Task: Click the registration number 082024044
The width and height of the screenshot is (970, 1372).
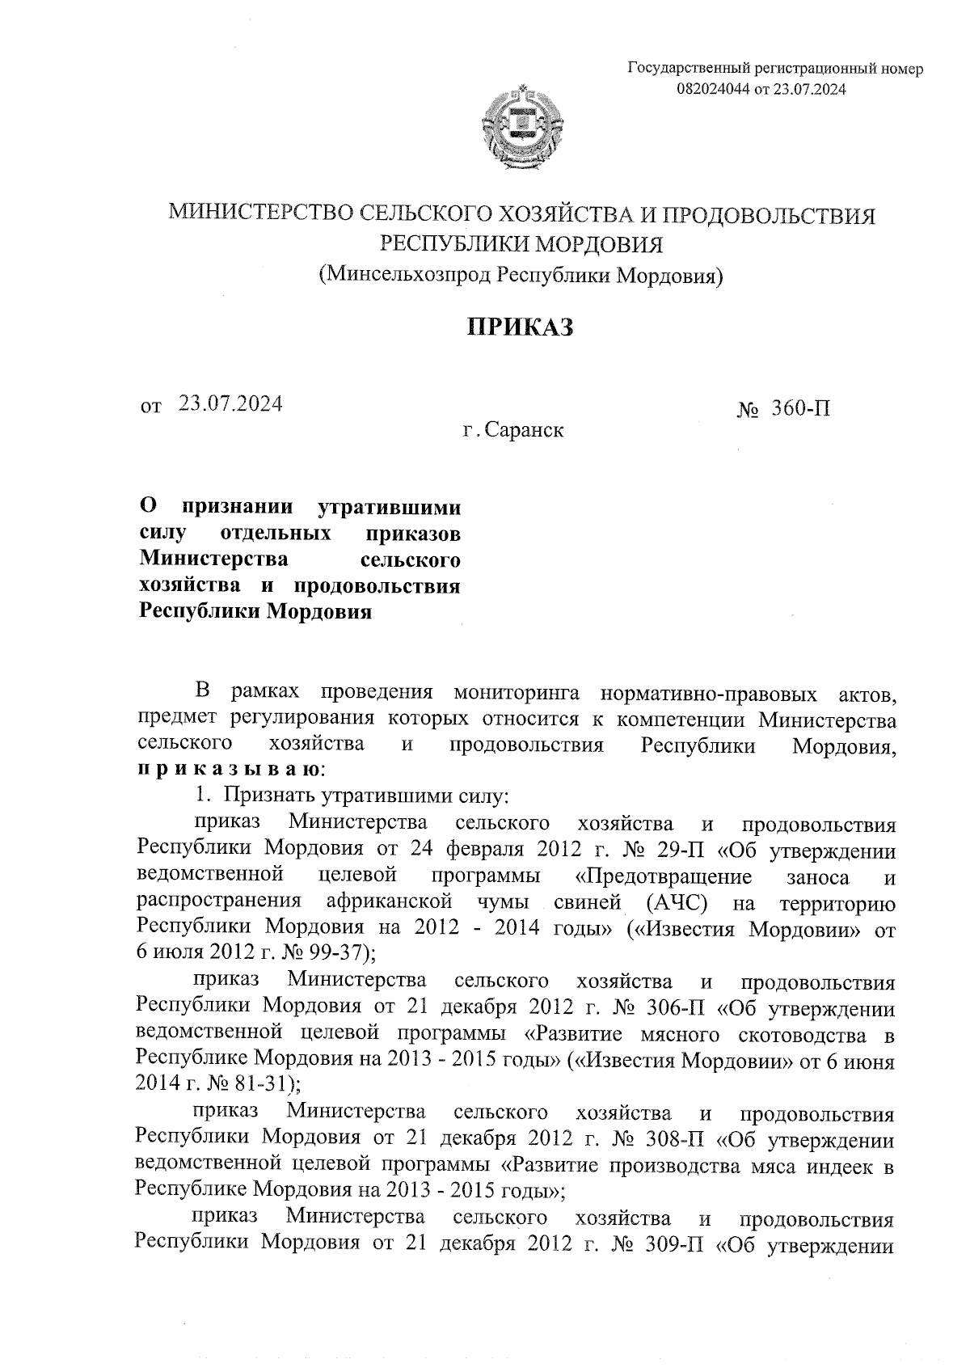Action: pos(714,90)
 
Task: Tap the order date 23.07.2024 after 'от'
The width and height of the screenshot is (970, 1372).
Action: pos(231,403)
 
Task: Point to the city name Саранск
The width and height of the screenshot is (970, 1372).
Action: pos(525,430)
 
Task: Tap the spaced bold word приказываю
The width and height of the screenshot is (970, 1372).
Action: pos(229,769)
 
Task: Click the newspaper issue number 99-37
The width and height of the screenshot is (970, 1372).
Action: pos(339,953)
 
